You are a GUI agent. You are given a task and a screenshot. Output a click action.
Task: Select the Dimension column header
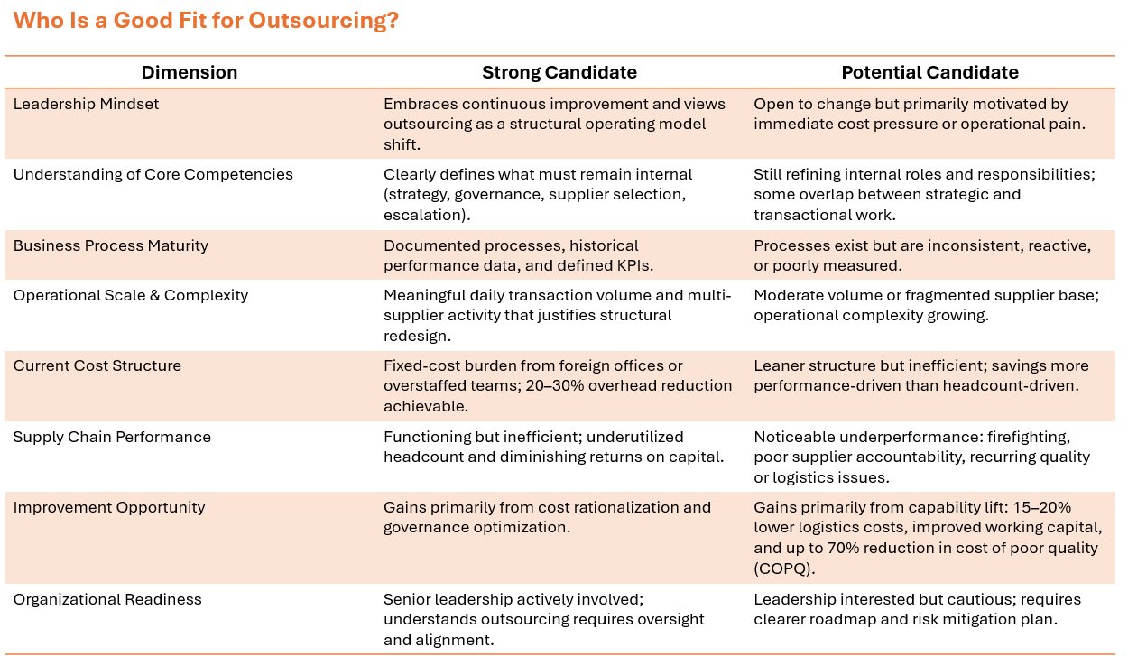point(190,73)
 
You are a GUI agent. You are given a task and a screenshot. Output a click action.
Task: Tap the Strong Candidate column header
point(559,73)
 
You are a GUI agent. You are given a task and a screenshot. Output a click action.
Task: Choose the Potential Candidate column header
point(929,73)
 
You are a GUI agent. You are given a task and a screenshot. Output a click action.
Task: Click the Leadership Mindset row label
point(86,104)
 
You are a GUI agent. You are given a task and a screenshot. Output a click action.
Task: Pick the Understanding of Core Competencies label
point(153,174)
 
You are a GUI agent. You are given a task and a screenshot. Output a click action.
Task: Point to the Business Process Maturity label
point(110,245)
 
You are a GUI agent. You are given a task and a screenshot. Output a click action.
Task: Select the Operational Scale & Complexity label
point(130,295)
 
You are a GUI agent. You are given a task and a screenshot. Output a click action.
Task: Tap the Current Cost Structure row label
point(97,365)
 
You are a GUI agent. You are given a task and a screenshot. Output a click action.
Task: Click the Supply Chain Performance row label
point(112,437)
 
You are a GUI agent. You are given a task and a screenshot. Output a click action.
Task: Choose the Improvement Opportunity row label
point(109,507)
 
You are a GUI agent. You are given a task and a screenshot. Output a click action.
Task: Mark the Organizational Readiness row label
point(107,599)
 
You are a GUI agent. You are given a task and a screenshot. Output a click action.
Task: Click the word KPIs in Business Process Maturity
point(632,265)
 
